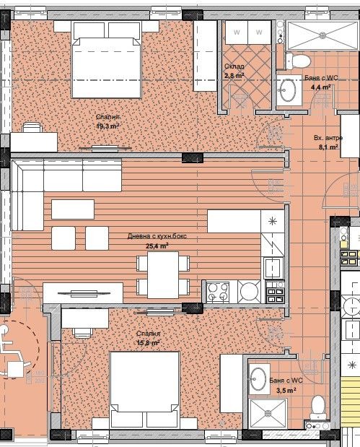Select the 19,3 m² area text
click(x=107, y=125)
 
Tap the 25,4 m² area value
click(x=157, y=246)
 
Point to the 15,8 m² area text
click(x=148, y=343)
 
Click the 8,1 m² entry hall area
click(x=328, y=146)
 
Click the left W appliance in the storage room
click(x=236, y=32)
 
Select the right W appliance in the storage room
click(x=259, y=32)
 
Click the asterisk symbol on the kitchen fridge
click(x=272, y=220)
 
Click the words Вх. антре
click(x=328, y=137)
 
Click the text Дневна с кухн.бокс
click(x=157, y=236)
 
